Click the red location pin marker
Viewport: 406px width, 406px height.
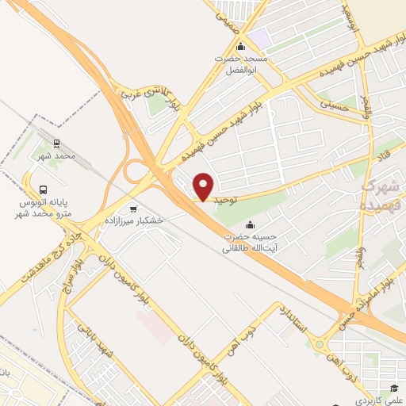point(204,186)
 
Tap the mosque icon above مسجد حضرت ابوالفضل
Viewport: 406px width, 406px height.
point(241,45)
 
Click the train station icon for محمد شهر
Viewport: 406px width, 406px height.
point(56,144)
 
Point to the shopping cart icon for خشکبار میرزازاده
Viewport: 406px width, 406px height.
point(132,209)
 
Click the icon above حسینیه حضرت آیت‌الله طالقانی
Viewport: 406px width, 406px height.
point(251,224)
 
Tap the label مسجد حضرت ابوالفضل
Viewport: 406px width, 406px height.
point(243,63)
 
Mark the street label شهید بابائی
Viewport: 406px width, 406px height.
point(100,342)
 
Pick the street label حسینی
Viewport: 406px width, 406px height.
point(333,101)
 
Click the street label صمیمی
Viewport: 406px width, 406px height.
point(228,10)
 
